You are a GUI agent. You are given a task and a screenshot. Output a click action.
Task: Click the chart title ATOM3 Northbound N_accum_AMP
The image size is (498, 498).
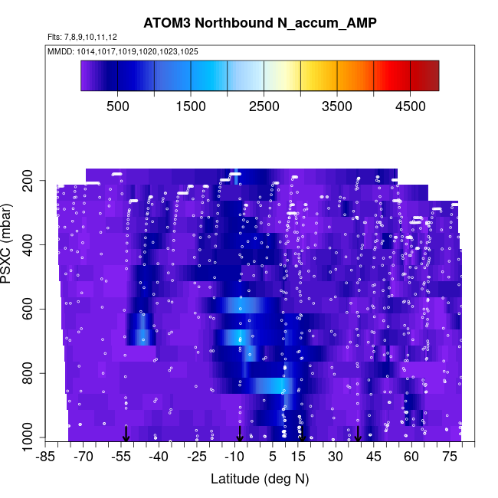[260, 24]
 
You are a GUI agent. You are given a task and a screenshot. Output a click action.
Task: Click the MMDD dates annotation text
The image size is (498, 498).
[123, 51]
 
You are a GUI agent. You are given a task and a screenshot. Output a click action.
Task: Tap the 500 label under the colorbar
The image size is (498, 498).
[117, 107]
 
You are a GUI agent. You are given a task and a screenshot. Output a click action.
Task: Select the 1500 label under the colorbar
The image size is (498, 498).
[191, 107]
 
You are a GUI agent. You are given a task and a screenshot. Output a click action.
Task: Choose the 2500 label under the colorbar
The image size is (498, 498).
[264, 107]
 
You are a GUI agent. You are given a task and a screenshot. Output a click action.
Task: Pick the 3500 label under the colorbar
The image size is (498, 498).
[337, 107]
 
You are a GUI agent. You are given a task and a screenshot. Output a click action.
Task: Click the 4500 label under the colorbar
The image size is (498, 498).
[410, 107]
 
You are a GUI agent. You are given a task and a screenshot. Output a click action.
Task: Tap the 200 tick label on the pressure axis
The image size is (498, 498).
[32, 181]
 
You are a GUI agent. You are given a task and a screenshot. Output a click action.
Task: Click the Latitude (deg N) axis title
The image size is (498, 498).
[260, 480]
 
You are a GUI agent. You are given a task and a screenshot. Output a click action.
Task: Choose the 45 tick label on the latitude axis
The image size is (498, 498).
[373, 457]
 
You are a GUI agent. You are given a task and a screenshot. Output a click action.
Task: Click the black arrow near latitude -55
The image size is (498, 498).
[126, 434]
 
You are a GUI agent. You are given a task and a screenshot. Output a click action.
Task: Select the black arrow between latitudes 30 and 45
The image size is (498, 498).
[358, 434]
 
